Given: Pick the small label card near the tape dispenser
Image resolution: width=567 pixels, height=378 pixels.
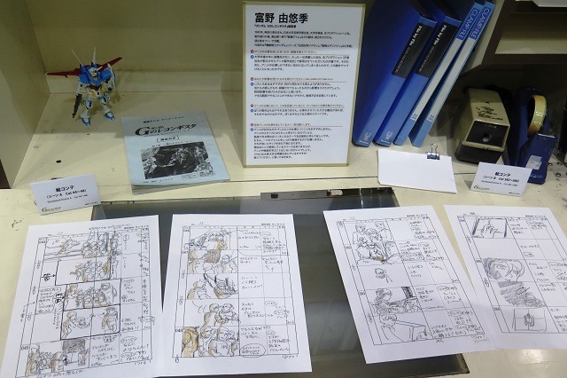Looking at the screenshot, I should coord(501,177).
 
